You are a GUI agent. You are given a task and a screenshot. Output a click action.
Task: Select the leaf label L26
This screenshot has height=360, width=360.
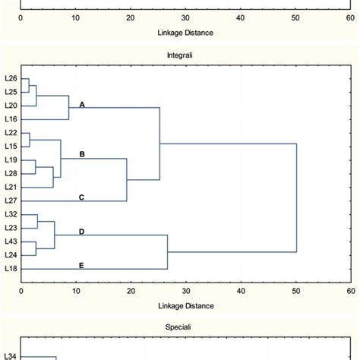tap(11, 78)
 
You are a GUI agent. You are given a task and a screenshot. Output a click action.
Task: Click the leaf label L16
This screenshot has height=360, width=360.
tap(11, 119)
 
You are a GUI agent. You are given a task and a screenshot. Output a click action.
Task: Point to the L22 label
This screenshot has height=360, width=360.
tap(11, 133)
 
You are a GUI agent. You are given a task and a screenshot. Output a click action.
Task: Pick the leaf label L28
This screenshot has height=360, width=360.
tap(11, 174)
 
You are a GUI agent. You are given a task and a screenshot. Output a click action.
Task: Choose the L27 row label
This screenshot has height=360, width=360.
tap(11, 201)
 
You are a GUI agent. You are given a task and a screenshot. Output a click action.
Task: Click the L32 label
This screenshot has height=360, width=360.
tap(11, 215)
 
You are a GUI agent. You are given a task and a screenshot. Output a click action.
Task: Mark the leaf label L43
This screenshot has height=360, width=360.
tap(11, 242)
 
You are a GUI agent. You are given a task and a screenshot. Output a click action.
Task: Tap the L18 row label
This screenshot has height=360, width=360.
tap(11, 269)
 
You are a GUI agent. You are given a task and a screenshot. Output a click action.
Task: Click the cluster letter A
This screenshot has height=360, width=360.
tap(82, 106)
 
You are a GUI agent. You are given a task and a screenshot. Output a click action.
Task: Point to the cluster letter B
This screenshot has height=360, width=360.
tap(82, 154)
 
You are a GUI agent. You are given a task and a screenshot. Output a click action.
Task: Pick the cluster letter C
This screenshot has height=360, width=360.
tap(82, 197)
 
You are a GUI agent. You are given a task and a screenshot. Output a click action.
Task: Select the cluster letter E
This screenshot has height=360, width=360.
tap(82, 265)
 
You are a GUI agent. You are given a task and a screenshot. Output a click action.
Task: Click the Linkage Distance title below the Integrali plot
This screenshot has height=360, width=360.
tap(185, 306)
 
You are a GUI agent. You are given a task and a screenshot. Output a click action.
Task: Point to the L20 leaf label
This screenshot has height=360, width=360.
tap(11, 106)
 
